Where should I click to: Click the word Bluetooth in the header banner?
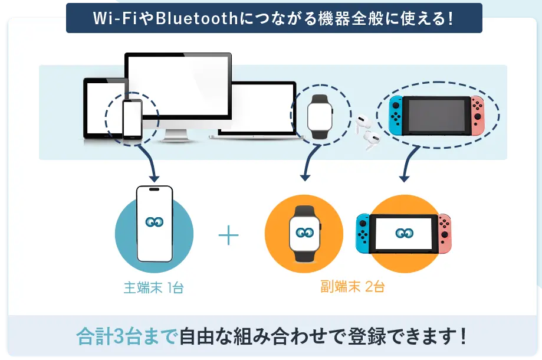pyautogui.click(x=196, y=18)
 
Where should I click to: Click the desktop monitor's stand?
pyautogui.click(x=176, y=135)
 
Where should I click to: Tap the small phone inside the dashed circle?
pyautogui.click(x=132, y=119)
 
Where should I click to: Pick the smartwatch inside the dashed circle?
pyautogui.click(x=320, y=116)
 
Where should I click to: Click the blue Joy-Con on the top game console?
pyautogui.click(x=395, y=115)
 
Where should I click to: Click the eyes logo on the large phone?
pyautogui.click(x=155, y=222)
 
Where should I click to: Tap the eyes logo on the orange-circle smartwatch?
pyautogui.click(x=305, y=233)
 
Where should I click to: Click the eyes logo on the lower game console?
pyautogui.click(x=405, y=234)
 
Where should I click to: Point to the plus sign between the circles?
pyautogui.click(x=228, y=235)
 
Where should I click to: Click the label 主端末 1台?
pyautogui.click(x=154, y=288)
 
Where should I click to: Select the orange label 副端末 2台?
pyautogui.click(x=353, y=287)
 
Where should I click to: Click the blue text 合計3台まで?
pyautogui.click(x=127, y=336)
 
